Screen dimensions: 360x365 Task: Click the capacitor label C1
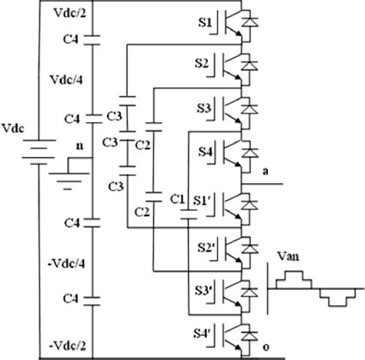tap(177, 200)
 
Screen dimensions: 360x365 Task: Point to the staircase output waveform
tap(316, 288)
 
